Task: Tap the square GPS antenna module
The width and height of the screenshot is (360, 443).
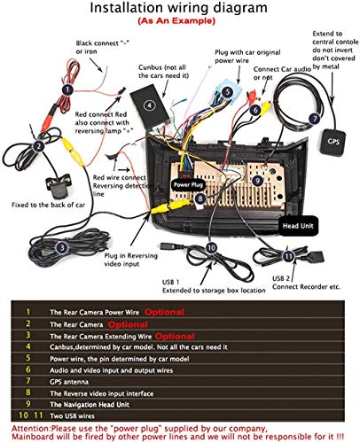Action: click(x=333, y=141)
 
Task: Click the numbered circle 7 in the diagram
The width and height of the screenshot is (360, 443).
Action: click(x=314, y=117)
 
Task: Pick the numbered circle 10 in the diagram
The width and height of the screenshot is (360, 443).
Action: click(x=210, y=247)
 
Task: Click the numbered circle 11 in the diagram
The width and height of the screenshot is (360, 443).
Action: click(x=287, y=256)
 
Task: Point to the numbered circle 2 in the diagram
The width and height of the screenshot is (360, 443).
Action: click(x=38, y=145)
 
